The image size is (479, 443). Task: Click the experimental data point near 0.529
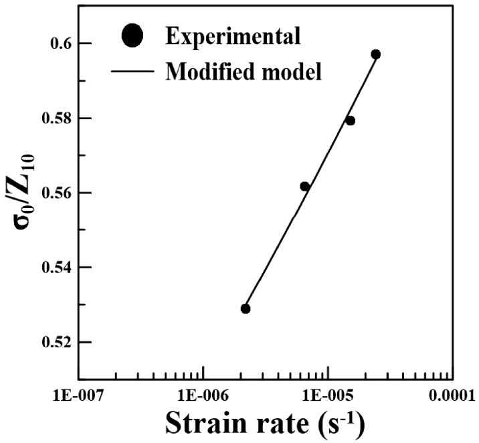[246, 308]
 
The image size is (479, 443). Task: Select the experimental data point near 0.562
[305, 187]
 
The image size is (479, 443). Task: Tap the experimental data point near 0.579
[350, 120]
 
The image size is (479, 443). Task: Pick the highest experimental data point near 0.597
[376, 54]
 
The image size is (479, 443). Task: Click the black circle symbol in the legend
[134, 36]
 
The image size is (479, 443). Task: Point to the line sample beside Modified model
[134, 70]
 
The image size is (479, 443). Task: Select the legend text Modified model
[243, 70]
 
